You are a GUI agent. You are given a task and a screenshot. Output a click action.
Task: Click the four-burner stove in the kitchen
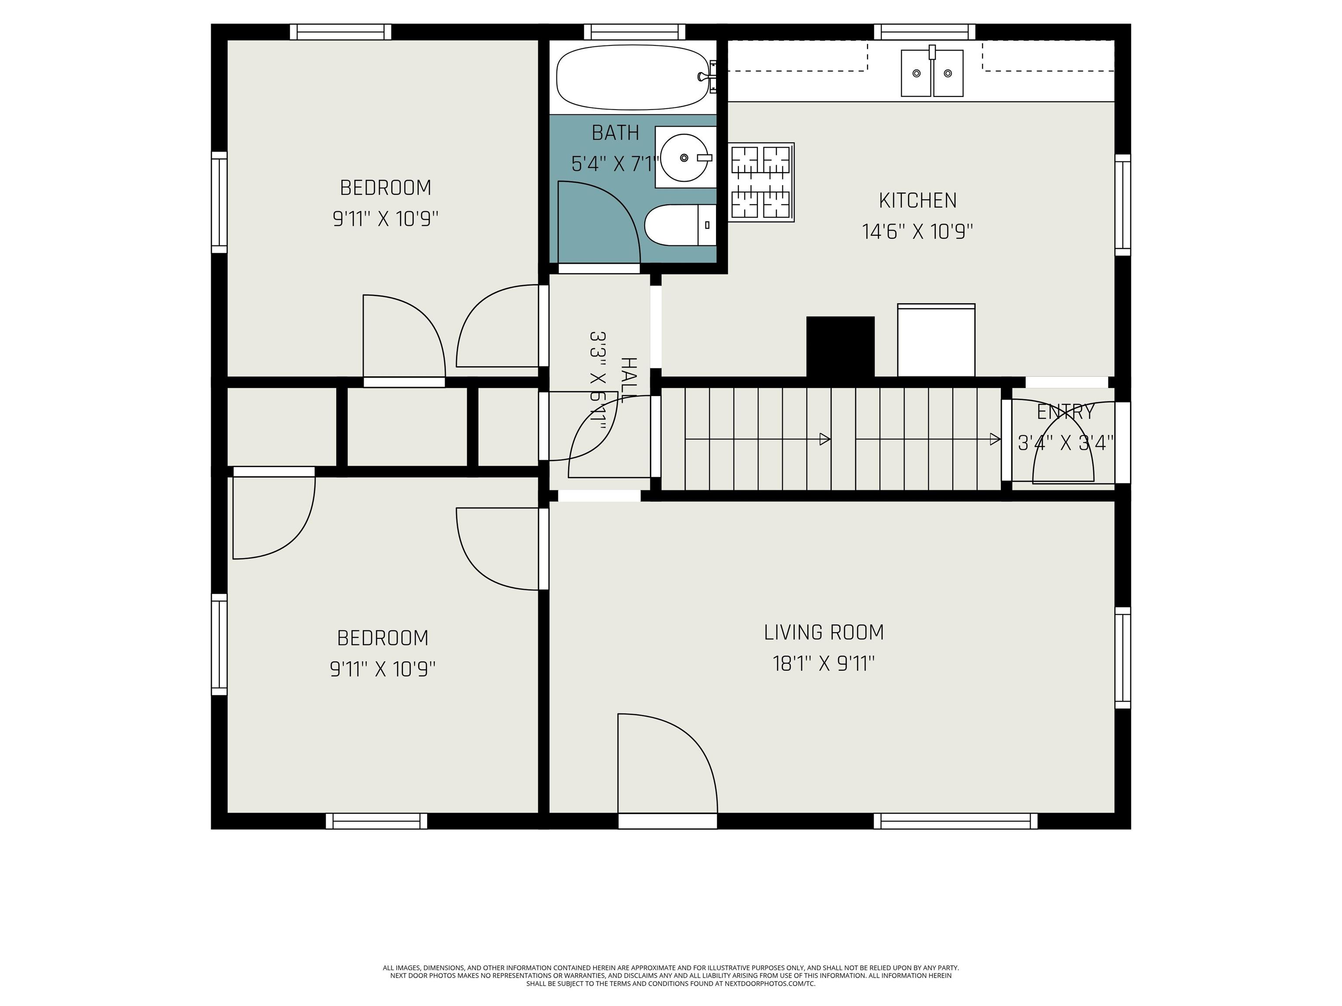(761, 183)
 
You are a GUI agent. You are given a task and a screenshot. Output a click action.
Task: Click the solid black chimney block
(840, 346)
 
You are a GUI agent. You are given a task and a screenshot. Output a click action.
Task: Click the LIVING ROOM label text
(824, 633)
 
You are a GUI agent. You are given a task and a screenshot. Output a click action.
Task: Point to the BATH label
(615, 133)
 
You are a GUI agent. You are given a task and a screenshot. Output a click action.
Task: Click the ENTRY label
(1065, 412)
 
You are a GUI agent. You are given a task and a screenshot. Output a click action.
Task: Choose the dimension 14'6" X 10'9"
(917, 232)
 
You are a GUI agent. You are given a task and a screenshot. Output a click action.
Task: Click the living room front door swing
(668, 763)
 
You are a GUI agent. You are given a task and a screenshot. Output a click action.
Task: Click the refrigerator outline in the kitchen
(936, 340)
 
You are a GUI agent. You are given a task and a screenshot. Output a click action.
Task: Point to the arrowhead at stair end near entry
(995, 439)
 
